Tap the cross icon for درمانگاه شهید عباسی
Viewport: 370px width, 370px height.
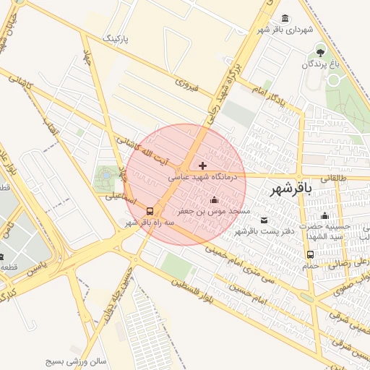202,165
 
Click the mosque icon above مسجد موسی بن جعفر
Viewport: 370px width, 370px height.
213,200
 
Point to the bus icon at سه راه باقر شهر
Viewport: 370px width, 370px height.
150,212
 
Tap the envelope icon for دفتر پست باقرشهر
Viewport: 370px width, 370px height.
263,220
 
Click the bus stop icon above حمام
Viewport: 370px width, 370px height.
310,254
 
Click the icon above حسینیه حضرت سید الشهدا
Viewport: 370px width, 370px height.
324,216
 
